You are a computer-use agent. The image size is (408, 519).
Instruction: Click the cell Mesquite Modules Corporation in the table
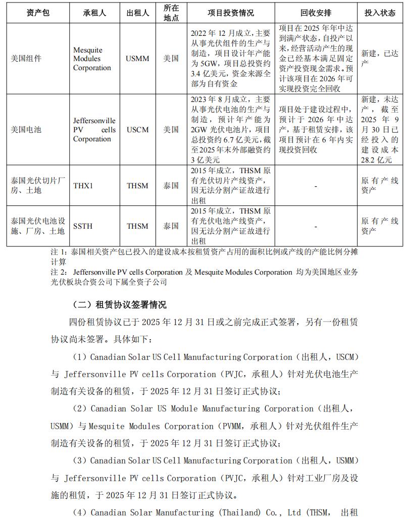[x=92, y=59]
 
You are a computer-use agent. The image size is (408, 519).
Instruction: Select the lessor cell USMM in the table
[x=138, y=59]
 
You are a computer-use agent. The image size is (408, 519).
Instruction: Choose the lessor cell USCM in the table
[x=138, y=130]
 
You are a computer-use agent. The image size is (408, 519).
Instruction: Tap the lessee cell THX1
[x=83, y=186]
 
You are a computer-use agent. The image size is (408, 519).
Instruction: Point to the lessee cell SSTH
[x=83, y=226]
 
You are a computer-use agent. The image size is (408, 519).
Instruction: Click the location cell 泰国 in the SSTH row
[x=171, y=226]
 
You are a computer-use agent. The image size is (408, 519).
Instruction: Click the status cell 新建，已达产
[x=380, y=59]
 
